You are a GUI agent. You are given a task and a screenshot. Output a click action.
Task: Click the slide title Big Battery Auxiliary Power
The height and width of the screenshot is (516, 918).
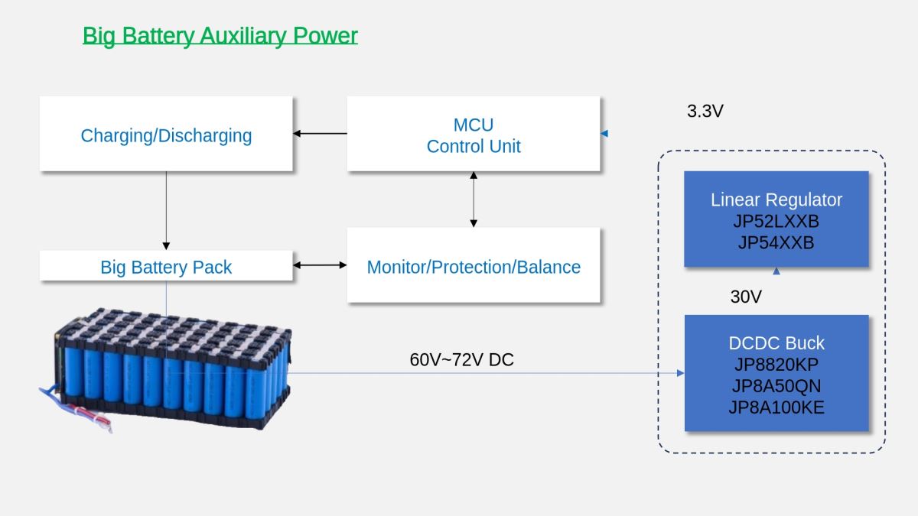pyautogui.click(x=220, y=36)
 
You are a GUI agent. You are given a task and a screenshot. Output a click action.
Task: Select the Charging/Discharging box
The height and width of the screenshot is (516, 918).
pyautogui.click(x=166, y=134)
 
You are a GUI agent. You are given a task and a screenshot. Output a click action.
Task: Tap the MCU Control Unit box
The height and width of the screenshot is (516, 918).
pyautogui.click(x=474, y=134)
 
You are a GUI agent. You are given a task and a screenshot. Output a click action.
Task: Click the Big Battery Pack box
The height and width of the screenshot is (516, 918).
pyautogui.click(x=166, y=266)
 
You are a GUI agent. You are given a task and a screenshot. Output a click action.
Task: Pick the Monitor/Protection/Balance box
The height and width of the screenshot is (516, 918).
pyautogui.click(x=474, y=265)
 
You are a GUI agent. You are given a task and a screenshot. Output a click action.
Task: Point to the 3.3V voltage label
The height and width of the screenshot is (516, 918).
pyautogui.click(x=705, y=111)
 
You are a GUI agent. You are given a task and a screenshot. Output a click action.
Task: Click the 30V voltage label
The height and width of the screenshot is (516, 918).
pyautogui.click(x=746, y=297)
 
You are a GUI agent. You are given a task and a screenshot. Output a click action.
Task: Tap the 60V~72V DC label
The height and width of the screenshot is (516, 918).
pyautogui.click(x=461, y=359)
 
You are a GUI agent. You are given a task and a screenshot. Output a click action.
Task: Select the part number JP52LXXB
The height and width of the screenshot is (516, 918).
pyautogui.click(x=776, y=222)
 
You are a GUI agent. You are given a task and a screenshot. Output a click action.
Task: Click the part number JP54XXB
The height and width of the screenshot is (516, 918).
pyautogui.click(x=776, y=243)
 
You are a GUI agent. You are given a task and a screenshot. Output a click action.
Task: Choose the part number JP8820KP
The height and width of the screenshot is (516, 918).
pyautogui.click(x=776, y=365)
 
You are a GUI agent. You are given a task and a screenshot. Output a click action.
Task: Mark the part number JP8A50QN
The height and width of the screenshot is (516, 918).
pyautogui.click(x=776, y=386)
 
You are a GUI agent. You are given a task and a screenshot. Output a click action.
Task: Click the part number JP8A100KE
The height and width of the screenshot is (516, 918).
pyautogui.click(x=776, y=407)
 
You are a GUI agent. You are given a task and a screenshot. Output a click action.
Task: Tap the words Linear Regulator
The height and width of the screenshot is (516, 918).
pyautogui.click(x=776, y=200)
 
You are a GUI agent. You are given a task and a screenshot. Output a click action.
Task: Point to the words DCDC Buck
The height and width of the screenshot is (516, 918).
pyautogui.click(x=776, y=343)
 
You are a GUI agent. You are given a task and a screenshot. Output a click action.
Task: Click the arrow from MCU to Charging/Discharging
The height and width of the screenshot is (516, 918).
pyautogui.click(x=320, y=134)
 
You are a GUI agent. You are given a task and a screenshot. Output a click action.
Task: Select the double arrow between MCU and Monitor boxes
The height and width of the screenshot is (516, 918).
pyautogui.click(x=474, y=200)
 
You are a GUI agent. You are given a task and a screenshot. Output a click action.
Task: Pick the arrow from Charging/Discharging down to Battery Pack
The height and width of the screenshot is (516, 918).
pyautogui.click(x=166, y=210)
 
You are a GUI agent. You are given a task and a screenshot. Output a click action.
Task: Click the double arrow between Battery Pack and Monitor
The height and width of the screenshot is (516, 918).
pyautogui.click(x=320, y=265)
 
